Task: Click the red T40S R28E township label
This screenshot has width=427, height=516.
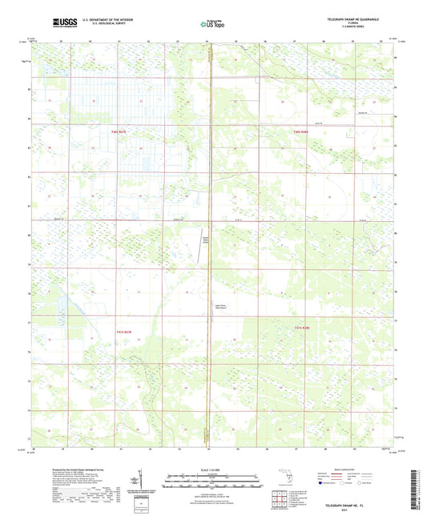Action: coord(300,131)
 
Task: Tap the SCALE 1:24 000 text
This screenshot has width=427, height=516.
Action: coord(212,470)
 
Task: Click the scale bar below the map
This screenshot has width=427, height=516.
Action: coord(212,482)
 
